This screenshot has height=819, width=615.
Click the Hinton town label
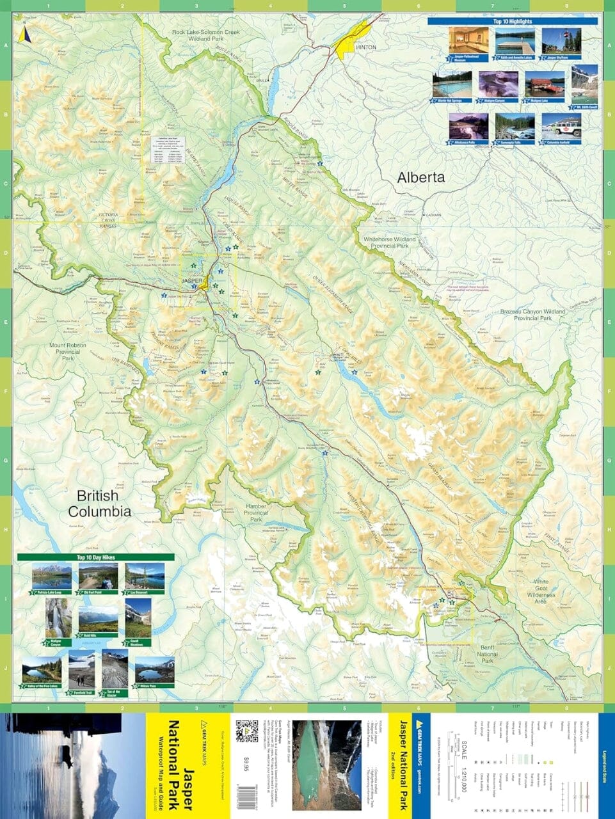pyautogui.click(x=366, y=47)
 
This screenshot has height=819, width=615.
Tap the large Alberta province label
pyautogui.click(x=420, y=177)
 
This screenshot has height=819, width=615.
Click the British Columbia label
pyautogui.click(x=100, y=503)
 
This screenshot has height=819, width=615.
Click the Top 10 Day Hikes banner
pyautogui.click(x=95, y=557)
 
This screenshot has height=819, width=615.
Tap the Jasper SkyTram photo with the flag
pyautogui.click(x=561, y=41)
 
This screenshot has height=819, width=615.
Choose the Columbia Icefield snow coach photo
pyautogui.click(x=561, y=127)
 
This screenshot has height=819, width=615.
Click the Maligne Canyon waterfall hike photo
pyautogui.click(x=58, y=618)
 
